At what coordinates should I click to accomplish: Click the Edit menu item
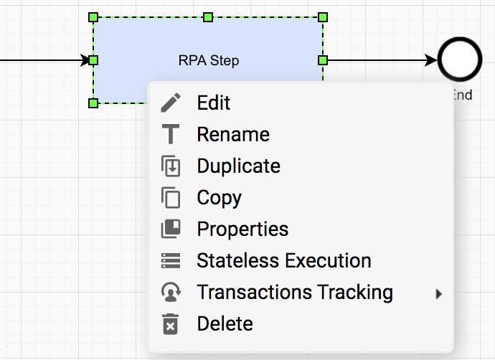[214, 103]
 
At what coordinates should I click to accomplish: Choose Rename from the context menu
[233, 134]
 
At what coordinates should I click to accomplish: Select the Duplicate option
[238, 166]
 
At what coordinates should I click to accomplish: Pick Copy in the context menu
[219, 197]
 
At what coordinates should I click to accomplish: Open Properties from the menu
[242, 229]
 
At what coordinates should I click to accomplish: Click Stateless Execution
[284, 260]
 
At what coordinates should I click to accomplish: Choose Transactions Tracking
[295, 292]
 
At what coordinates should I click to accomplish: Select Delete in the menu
[225, 323]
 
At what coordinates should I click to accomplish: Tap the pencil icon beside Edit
[171, 103]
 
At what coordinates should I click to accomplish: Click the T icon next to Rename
[171, 134]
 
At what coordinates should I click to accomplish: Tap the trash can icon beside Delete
[171, 324]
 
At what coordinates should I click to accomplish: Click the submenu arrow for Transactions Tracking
[438, 294]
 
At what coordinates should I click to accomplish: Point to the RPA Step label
[209, 60]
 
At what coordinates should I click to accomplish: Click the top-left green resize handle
[93, 17]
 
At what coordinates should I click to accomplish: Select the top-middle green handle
[208, 17]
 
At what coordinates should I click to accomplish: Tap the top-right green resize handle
[323, 17]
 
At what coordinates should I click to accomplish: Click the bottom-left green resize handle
[93, 103]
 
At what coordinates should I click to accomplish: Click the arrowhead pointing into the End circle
[431, 60]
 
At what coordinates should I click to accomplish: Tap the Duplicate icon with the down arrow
[171, 166]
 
